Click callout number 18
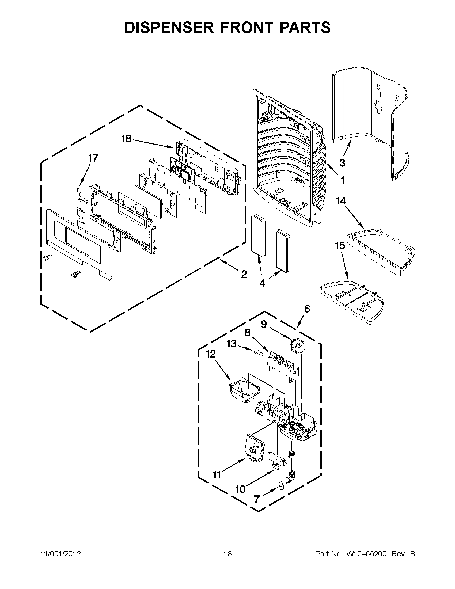tap(126, 139)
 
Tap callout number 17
tap(93, 158)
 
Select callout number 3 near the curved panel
tap(342, 163)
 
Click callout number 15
tap(340, 246)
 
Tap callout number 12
tap(211, 354)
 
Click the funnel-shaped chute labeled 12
tap(244, 391)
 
